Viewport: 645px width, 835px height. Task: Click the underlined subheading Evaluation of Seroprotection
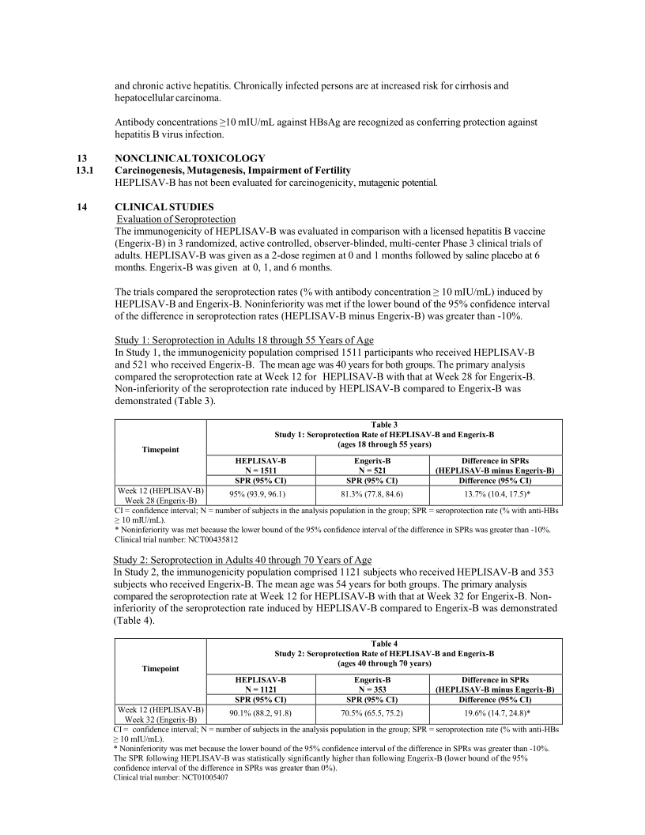coord(170,218)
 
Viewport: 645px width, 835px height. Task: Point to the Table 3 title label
coord(384,425)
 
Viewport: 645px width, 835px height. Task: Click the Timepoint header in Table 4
coord(160,668)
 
